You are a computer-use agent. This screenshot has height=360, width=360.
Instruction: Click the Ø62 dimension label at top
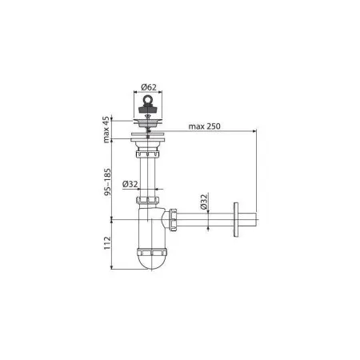click(149, 86)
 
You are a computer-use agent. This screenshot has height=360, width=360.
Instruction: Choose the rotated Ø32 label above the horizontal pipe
click(204, 202)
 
